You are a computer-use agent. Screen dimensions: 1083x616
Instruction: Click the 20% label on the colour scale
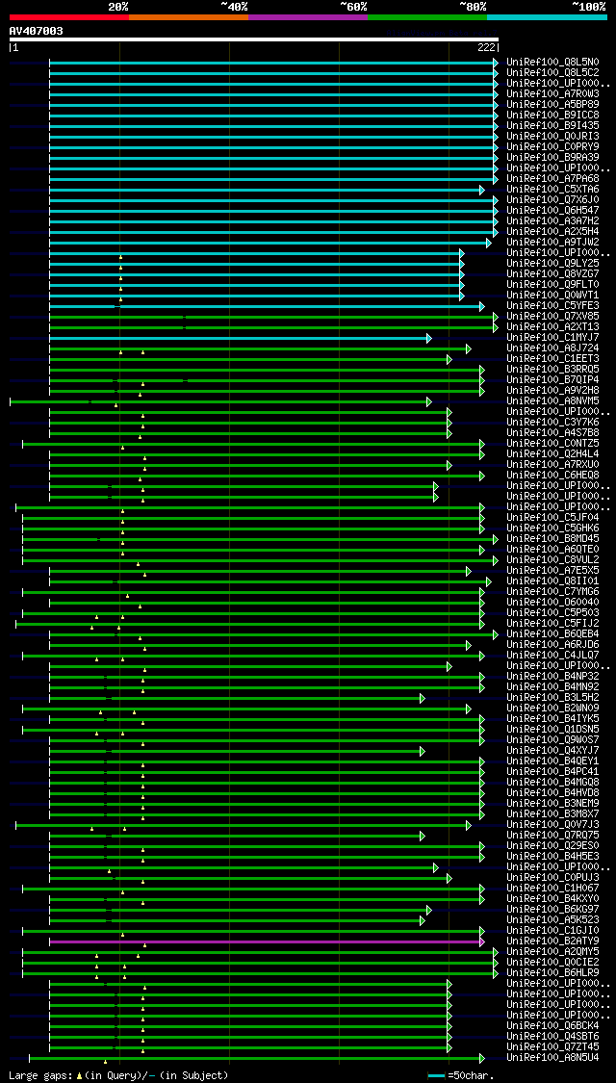point(118,6)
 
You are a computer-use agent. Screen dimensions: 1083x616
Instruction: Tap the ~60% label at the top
point(353,6)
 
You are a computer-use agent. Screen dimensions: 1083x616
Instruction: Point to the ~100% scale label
point(588,6)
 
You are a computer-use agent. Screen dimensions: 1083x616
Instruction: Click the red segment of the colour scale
point(68,17)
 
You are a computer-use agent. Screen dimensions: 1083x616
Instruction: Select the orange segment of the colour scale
point(188,17)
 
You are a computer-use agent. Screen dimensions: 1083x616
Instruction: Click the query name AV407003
point(37,31)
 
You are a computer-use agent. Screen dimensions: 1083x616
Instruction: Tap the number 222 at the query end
point(486,47)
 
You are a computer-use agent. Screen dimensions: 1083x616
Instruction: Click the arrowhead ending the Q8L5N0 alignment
point(496,63)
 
